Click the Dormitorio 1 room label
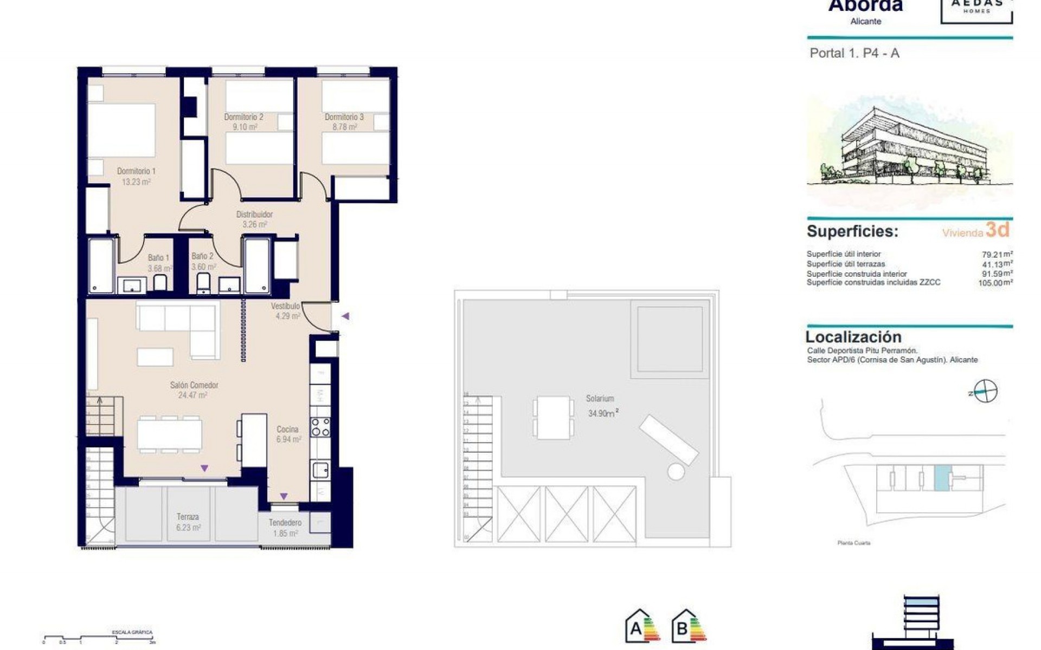coord(136,171)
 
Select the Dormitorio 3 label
coord(344,117)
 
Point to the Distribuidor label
coord(254,214)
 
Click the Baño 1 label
coord(159,258)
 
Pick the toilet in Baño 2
coord(203,282)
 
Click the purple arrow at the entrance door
coord(345,316)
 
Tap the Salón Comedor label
coord(194,385)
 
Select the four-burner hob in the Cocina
coord(320,427)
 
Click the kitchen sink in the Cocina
coord(320,470)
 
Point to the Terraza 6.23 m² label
coord(188,522)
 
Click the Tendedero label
coord(285,523)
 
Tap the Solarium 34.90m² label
coord(601,406)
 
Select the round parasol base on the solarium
coord(676,471)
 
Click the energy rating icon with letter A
coord(642,628)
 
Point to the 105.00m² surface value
coord(995,283)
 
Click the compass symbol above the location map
coord(985,392)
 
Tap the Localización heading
coord(853,337)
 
